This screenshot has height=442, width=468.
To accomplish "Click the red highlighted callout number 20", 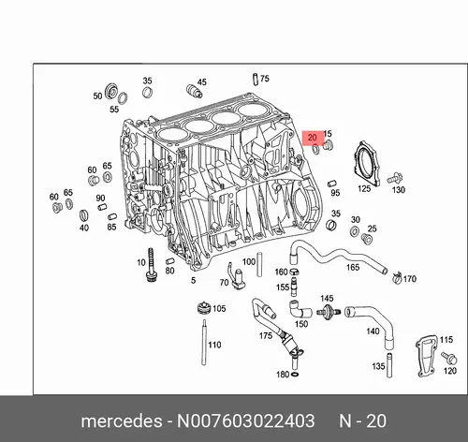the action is click(312, 138).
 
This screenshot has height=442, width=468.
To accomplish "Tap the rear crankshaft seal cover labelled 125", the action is click(367, 164).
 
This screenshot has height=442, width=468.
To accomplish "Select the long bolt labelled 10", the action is click(152, 265).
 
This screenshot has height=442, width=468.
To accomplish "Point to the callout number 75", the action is click(264, 79).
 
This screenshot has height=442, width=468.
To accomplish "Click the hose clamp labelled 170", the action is click(397, 277).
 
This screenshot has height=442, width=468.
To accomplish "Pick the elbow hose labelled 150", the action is click(300, 309).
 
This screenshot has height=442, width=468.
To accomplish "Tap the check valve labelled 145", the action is click(328, 311).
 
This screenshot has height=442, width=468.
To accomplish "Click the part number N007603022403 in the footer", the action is click(246, 420).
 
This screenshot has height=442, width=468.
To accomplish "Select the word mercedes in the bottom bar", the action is click(122, 421).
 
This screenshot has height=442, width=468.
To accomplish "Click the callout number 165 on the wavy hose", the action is click(353, 267).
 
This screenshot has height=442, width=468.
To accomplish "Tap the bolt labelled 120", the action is click(449, 358).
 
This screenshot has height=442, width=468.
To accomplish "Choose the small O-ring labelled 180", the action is click(295, 374).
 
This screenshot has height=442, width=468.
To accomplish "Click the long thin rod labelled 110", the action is click(204, 342).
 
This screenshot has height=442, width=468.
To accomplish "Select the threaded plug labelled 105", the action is click(204, 308).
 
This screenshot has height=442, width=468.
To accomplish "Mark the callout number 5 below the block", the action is click(193, 280).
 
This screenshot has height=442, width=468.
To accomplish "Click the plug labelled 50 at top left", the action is click(111, 91).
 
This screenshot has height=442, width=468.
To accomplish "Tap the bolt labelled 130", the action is click(395, 178).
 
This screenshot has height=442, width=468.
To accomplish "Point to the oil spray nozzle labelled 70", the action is click(237, 276).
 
